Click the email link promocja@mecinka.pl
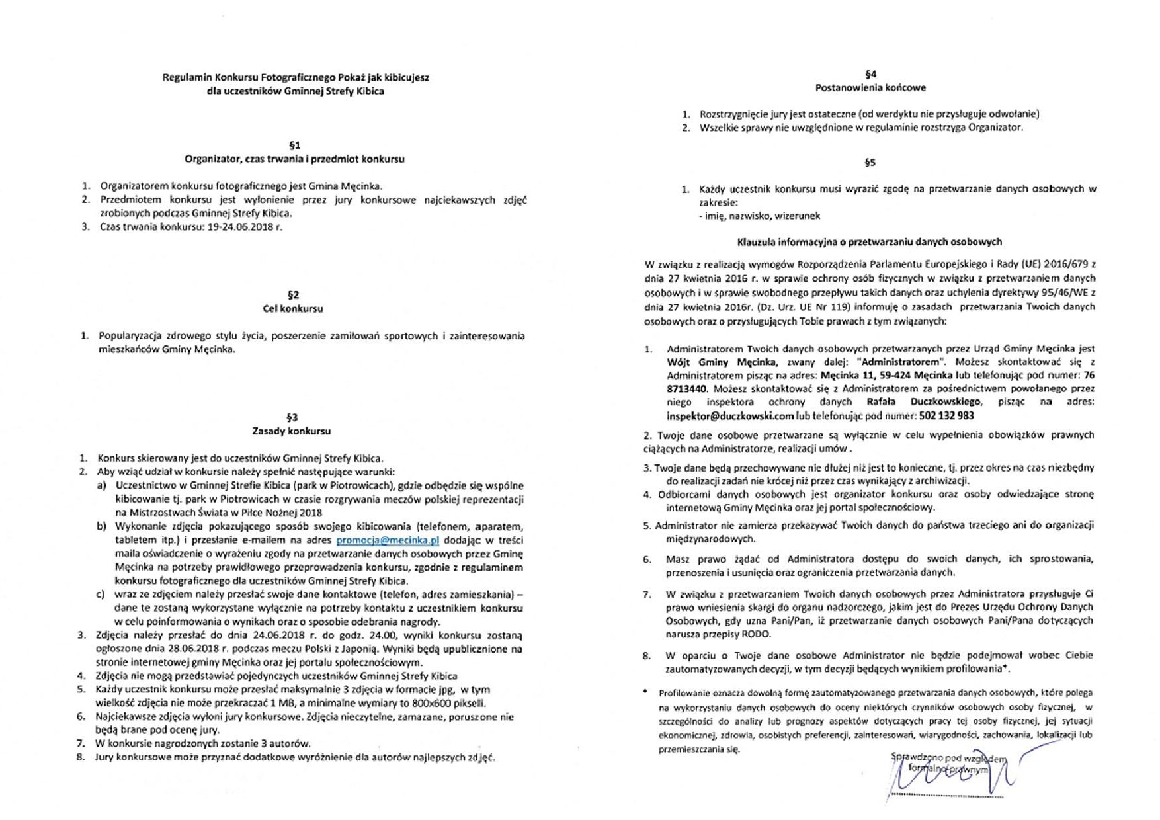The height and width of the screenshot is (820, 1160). click(388, 540)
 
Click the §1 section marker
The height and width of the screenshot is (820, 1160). click(294, 145)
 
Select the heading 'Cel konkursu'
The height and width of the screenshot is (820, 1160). click(293, 309)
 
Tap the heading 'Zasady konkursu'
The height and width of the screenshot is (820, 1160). click(291, 431)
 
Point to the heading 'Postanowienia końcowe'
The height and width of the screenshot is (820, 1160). click(870, 88)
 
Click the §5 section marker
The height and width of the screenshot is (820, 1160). click(870, 163)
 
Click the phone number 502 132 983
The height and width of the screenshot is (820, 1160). click(946, 416)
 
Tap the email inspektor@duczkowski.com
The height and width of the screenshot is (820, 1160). click(730, 416)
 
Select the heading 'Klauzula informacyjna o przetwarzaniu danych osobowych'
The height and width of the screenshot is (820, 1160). click(870, 242)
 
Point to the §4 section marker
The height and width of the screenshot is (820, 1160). click(870, 74)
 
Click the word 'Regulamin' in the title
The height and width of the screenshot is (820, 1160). click(183, 78)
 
